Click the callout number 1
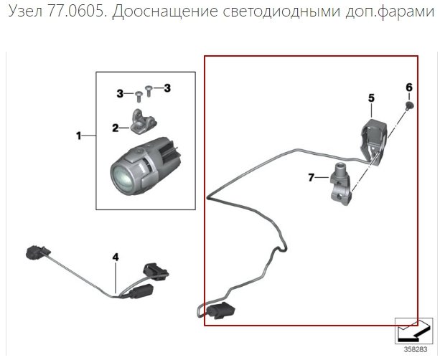point(78,136)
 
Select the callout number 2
point(116,128)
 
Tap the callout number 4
point(116,257)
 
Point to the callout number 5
point(371,98)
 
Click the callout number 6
point(409,87)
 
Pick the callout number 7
point(311,177)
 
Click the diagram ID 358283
point(416,349)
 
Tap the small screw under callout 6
point(410,105)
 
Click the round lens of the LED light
point(122,179)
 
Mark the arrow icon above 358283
point(414,331)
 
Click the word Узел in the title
point(25,11)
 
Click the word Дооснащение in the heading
point(164,12)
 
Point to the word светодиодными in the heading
point(281,12)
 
